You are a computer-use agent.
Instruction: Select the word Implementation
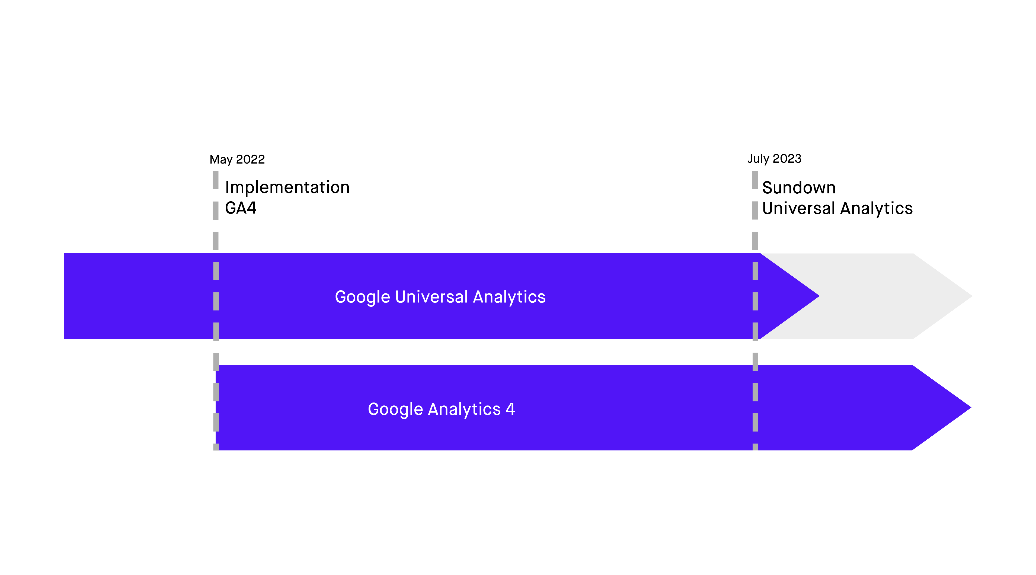click(287, 188)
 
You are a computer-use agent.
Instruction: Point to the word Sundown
click(799, 188)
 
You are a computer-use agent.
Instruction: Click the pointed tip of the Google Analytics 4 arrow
click(971, 408)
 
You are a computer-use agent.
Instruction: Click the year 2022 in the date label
click(250, 159)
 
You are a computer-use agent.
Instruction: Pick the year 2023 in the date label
click(787, 158)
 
